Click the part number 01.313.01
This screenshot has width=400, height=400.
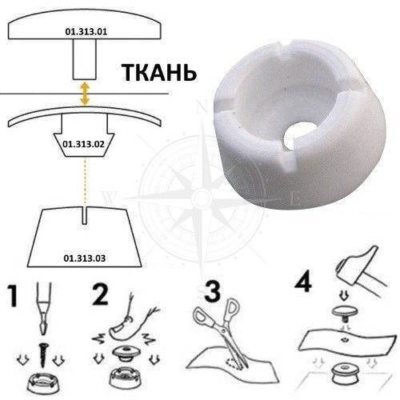[x=86, y=32]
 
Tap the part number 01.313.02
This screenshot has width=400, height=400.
[x=83, y=144]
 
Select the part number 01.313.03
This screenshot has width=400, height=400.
[x=85, y=258]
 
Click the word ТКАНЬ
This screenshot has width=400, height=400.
[x=159, y=73]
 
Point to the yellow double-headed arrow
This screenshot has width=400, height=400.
[x=85, y=94]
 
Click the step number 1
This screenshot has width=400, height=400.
[x=13, y=295]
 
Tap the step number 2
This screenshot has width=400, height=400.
[x=100, y=294]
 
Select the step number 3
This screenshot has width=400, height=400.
[x=213, y=291]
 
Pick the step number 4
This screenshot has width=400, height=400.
[x=303, y=282]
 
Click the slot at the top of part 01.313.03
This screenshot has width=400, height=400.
[x=85, y=215]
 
